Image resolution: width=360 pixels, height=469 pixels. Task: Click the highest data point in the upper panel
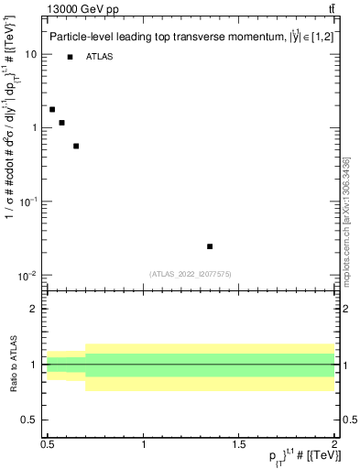pos(52,109)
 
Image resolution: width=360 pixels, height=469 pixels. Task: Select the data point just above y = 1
pos(61,123)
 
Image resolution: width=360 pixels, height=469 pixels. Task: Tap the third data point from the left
pos(76,146)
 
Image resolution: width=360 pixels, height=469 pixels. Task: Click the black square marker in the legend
pos(70,57)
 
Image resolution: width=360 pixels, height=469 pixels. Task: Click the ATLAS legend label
pos(98,57)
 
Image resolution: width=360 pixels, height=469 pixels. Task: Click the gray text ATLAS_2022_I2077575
pos(189,273)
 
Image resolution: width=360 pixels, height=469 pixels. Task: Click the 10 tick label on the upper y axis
pos(31,54)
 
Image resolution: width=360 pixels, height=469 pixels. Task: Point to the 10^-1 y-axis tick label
pos(29,202)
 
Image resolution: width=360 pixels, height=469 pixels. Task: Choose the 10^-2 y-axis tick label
pos(29,276)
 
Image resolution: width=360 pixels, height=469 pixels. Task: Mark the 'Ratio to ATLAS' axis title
pos(12,364)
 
